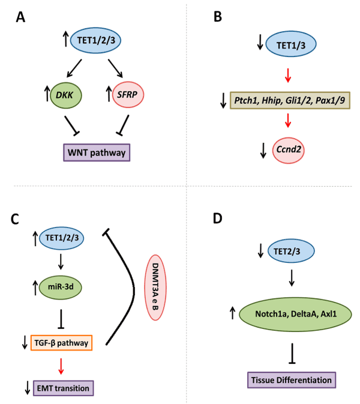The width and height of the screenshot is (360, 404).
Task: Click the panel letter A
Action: (20, 19)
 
